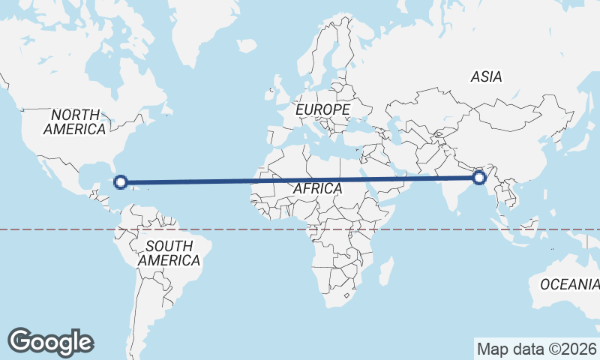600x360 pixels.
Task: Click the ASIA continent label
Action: tap(486, 76)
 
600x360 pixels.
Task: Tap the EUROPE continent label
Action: tap(322, 110)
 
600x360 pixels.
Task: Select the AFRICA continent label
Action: tap(317, 188)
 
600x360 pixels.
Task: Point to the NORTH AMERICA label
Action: tap(74, 122)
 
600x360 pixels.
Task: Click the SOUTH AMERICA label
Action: tap(169, 253)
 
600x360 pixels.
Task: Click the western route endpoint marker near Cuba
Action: tap(120, 181)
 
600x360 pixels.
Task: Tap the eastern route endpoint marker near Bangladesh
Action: tap(479, 178)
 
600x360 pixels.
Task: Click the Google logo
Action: tap(50, 342)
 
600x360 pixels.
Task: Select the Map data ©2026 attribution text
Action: tap(537, 349)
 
